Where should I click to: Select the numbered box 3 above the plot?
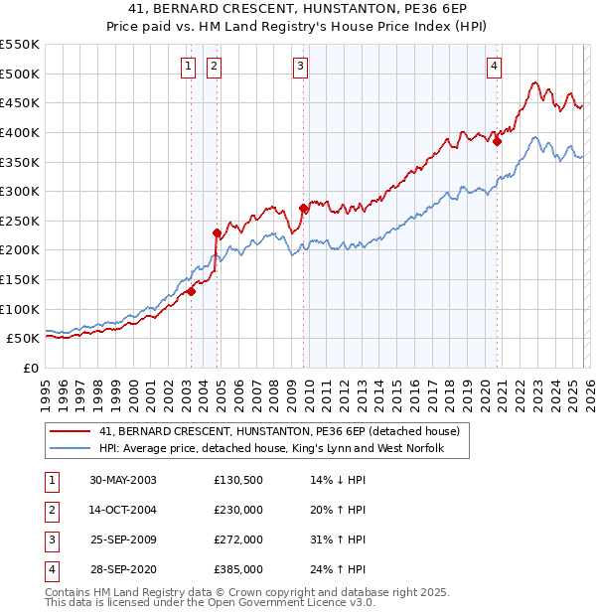tap(300, 67)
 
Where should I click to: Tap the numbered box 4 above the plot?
tap(494, 67)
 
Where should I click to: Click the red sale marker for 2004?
tap(216, 232)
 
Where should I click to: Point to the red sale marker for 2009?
tap(303, 209)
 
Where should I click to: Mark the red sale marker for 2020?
tap(498, 141)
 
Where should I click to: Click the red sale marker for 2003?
tap(191, 291)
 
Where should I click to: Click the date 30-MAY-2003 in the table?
tap(123, 480)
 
